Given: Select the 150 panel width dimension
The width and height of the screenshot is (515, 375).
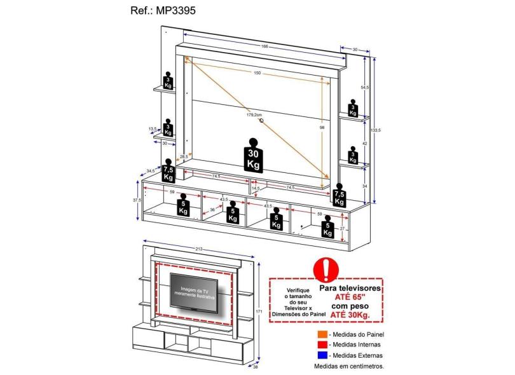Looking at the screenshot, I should point(257,73).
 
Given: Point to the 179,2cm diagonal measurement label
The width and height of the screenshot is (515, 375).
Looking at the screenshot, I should point(254,115).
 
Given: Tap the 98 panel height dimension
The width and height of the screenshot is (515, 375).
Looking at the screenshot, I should point(323,127).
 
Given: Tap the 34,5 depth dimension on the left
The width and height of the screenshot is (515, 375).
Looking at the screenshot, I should point(150,171).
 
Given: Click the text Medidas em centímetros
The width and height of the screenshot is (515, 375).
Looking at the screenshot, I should point(349,366).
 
